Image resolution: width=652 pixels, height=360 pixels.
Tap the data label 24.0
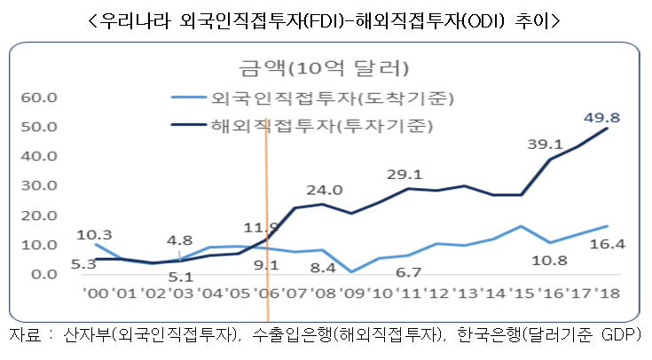tap(325, 189)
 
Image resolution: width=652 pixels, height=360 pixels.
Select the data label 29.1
tap(405, 175)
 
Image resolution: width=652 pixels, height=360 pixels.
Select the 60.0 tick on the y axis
tap(37, 97)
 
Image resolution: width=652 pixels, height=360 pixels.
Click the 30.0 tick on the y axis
tap(37, 185)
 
